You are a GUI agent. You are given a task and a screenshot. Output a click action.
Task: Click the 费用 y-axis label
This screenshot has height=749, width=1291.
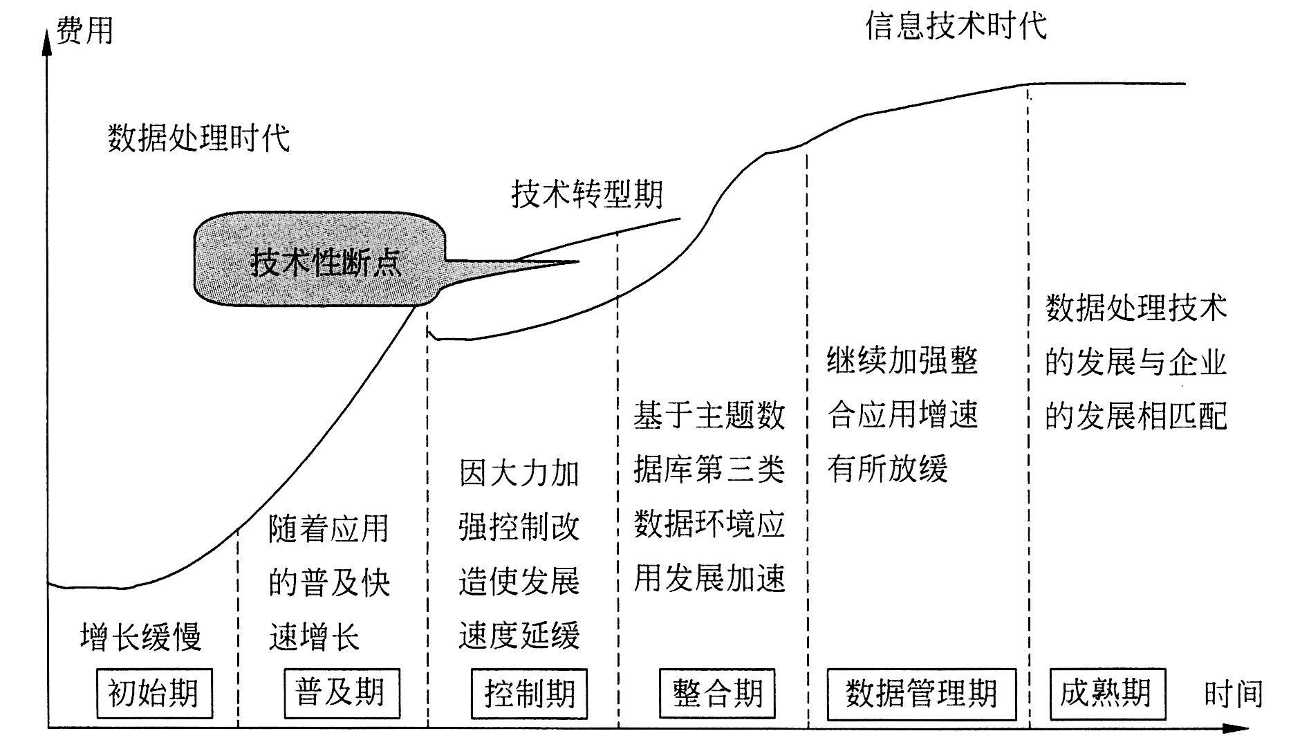point(84,32)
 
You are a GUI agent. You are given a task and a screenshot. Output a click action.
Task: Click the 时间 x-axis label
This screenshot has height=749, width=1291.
point(1233,694)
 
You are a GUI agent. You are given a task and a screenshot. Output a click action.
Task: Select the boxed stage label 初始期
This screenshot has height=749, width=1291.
point(154,693)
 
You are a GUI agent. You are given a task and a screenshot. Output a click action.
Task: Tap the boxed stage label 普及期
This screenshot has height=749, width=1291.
point(341,693)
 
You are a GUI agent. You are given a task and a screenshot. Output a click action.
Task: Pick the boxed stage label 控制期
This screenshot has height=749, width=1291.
point(529,693)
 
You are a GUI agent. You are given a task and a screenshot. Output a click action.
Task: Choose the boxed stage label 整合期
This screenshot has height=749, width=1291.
point(717,693)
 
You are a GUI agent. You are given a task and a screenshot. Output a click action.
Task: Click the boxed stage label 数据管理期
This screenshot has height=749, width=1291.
point(921,693)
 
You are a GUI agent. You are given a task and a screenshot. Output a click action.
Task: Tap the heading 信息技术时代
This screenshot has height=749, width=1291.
point(956,26)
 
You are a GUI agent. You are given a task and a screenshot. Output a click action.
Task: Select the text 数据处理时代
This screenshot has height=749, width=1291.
point(198,138)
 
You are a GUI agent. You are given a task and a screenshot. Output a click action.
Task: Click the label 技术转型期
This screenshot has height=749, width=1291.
point(586,194)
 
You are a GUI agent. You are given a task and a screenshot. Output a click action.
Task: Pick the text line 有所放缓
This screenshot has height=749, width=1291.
point(887,469)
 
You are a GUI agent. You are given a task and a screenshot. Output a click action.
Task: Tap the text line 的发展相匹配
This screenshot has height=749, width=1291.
point(1135,416)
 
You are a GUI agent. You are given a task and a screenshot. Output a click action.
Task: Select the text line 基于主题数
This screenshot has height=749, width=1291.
point(709,416)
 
